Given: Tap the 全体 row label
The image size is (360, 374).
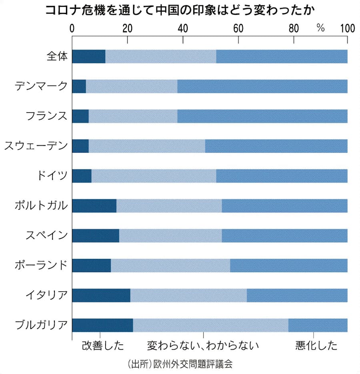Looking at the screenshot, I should (57, 56).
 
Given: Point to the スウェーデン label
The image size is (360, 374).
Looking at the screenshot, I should (36, 146).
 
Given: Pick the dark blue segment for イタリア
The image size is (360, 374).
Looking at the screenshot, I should (101, 295).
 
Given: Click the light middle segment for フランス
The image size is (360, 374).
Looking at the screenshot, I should (133, 116).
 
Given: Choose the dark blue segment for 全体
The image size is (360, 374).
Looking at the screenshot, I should (88, 56).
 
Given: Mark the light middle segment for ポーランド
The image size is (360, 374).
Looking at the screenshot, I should (170, 265).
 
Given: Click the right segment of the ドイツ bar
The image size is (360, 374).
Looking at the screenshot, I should (282, 176).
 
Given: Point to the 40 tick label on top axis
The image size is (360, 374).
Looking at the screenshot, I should (183, 28).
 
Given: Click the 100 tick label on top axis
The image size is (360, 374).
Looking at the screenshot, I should (347, 28).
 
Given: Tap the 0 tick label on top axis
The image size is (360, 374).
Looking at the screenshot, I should (72, 28).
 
